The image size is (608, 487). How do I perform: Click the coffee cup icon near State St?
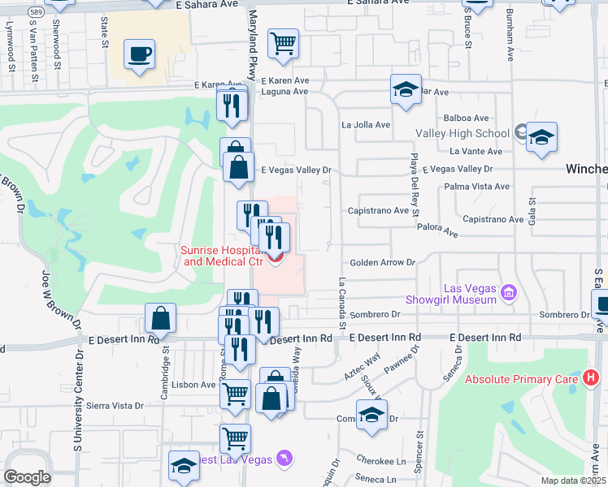click(x=139, y=55)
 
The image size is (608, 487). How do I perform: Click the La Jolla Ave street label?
click(x=366, y=125)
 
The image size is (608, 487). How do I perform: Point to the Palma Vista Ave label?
click(x=477, y=187)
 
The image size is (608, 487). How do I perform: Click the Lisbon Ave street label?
click(x=188, y=384)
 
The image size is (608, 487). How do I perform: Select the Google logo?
click(x=27, y=476)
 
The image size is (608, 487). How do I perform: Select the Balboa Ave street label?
click(x=469, y=119)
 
